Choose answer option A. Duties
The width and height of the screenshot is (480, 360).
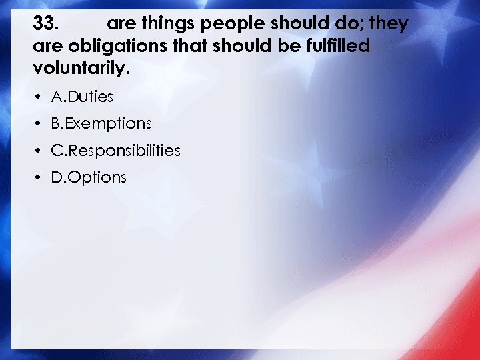click(x=82, y=97)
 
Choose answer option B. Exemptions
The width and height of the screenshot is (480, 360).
click(x=101, y=124)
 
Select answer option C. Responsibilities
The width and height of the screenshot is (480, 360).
click(x=115, y=151)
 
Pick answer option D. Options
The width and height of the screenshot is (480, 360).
click(x=88, y=177)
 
